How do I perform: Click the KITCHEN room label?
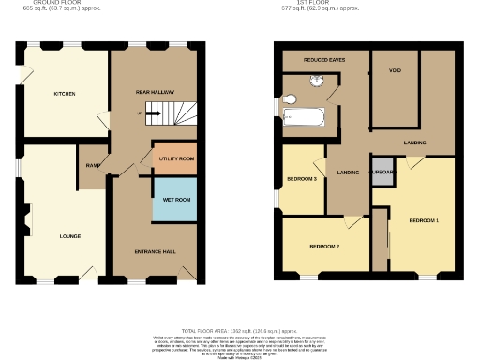(64, 94)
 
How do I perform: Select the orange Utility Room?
(175, 158)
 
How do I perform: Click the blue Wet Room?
(175, 200)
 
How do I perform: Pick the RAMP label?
(93, 165)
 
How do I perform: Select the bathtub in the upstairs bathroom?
(302, 118)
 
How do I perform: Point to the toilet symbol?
(290, 98)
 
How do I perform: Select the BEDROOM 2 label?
(324, 246)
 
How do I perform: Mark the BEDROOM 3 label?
(301, 178)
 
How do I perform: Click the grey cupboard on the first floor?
(381, 175)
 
